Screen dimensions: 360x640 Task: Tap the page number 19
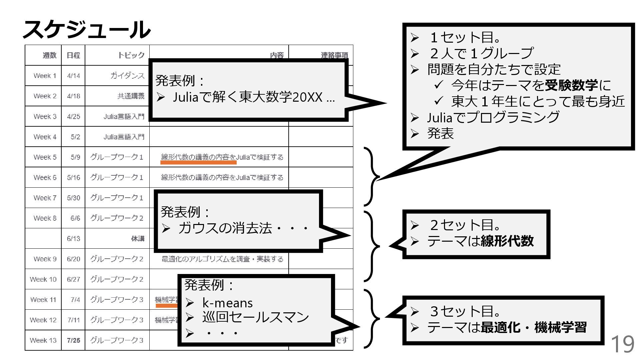(622, 344)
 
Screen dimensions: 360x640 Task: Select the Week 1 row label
(45, 76)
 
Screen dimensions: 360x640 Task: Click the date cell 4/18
(73, 96)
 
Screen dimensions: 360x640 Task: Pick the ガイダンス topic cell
(127, 76)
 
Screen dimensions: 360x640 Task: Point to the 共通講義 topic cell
(131, 96)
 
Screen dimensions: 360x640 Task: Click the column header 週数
(49, 55)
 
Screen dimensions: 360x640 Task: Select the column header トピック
(131, 55)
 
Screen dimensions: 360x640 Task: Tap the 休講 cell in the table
(138, 239)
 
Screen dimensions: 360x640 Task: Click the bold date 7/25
(73, 340)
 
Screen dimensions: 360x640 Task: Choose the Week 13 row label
(43, 340)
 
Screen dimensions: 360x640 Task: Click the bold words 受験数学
(571, 85)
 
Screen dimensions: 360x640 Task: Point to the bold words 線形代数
(507, 241)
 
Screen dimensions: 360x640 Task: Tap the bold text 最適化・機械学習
(533, 327)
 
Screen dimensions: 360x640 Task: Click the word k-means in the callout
(227, 303)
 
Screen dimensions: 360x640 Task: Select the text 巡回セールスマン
(255, 317)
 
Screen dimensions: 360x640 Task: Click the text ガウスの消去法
(225, 228)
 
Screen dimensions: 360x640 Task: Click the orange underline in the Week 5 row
(198, 163)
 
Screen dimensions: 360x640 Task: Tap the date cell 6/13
(73, 239)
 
